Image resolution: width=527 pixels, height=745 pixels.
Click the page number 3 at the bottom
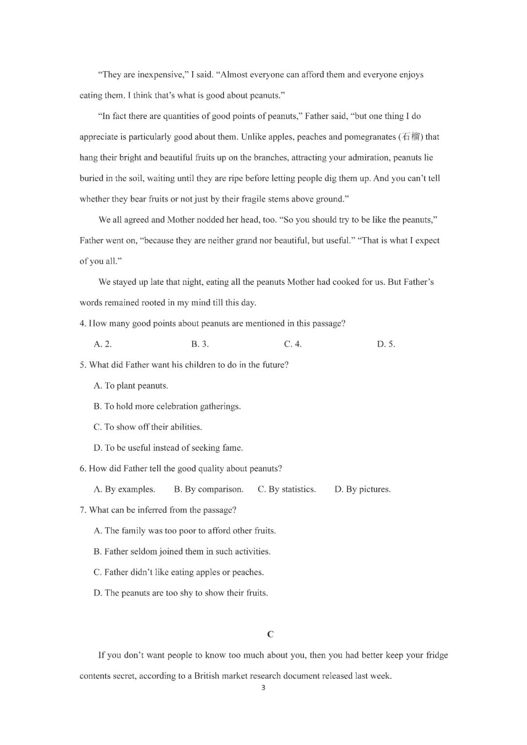point(263,688)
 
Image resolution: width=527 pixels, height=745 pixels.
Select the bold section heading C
point(270,634)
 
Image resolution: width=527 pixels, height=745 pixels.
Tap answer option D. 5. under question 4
point(385,344)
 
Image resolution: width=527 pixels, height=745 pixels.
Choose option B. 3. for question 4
point(200,344)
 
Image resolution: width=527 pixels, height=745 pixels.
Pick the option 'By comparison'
point(208,489)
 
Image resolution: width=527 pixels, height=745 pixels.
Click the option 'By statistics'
point(286,489)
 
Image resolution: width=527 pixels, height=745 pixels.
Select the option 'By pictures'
point(362,489)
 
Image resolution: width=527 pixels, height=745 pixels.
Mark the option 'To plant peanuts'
point(131,386)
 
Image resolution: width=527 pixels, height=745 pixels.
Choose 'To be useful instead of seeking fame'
point(168,448)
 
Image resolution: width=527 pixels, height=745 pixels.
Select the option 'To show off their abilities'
point(147,427)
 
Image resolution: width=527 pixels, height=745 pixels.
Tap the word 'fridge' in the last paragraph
point(437,655)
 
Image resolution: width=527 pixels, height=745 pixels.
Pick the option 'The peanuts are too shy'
point(181,593)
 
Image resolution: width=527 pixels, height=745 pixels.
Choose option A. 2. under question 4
point(102,344)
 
